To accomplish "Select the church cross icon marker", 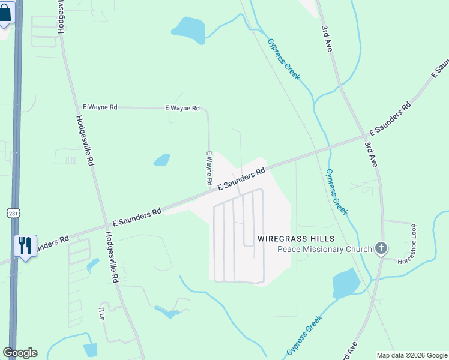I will [380, 248].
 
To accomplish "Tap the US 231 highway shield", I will [14, 213].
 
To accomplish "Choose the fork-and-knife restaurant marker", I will [25, 245].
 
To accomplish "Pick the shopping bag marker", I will [5, 13].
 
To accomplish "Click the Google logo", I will [20, 353].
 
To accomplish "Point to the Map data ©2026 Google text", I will [411, 355].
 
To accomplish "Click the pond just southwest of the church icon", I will [345, 283].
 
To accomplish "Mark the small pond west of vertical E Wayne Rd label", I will [161, 160].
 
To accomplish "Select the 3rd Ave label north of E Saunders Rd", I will [327, 38].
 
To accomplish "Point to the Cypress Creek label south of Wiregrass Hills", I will [304, 335].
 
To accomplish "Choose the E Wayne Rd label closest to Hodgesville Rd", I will [100, 107].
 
